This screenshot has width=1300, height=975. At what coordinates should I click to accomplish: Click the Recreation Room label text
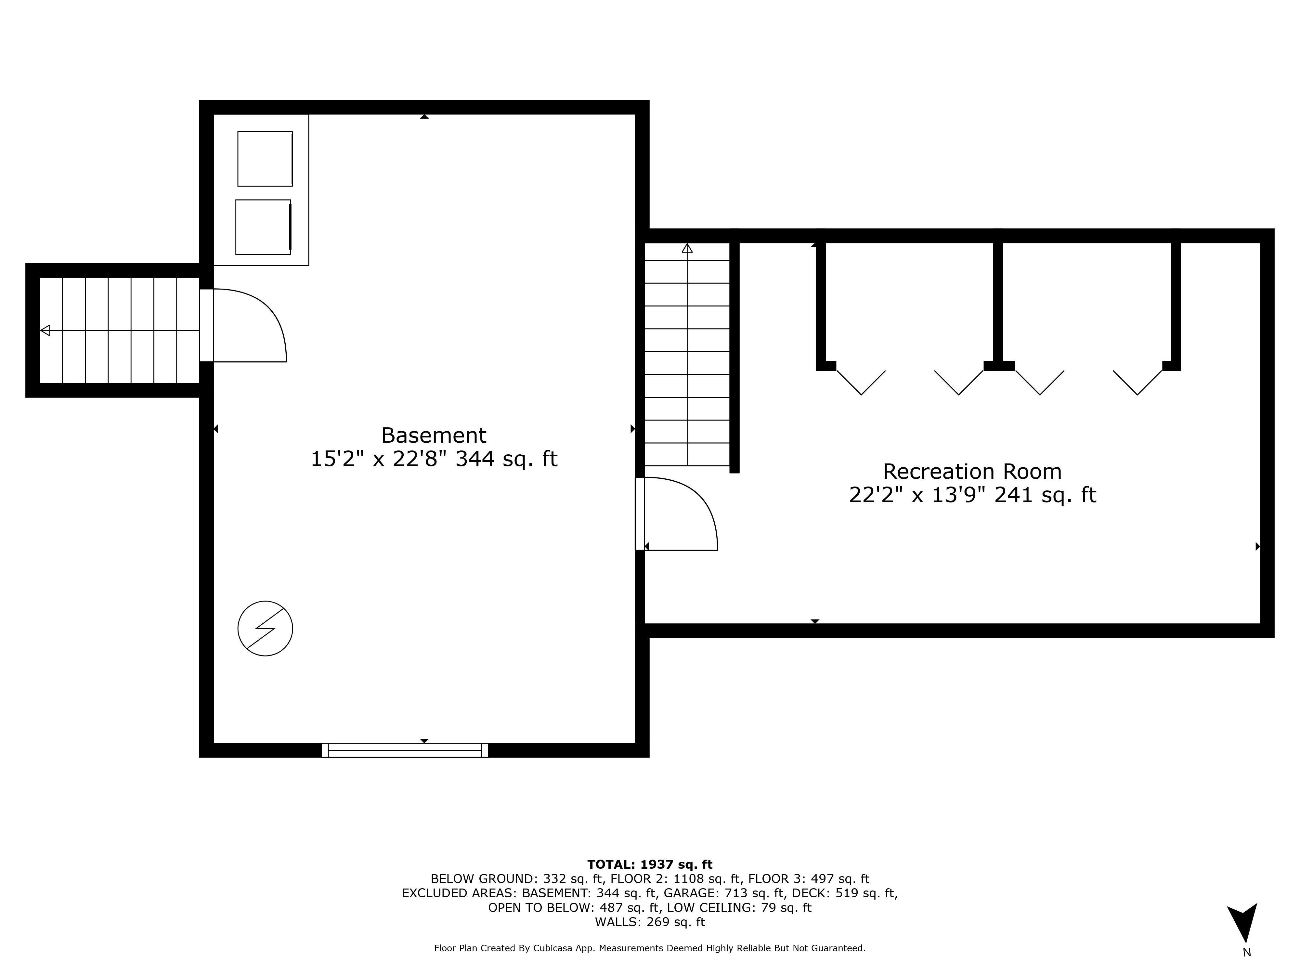coord(972,471)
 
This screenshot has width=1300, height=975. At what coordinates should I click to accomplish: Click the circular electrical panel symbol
coord(265,628)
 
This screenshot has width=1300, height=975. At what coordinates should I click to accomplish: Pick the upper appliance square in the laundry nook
coord(265,159)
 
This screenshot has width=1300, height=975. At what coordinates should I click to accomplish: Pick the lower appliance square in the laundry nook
coord(263,227)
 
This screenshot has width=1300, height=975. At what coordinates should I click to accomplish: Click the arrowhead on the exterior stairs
coord(45,330)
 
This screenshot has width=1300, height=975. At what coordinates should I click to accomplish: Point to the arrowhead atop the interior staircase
coord(687,248)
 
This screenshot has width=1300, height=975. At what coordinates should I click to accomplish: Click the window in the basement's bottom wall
coord(405,750)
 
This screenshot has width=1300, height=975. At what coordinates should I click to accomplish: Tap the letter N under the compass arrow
coord(1246,953)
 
